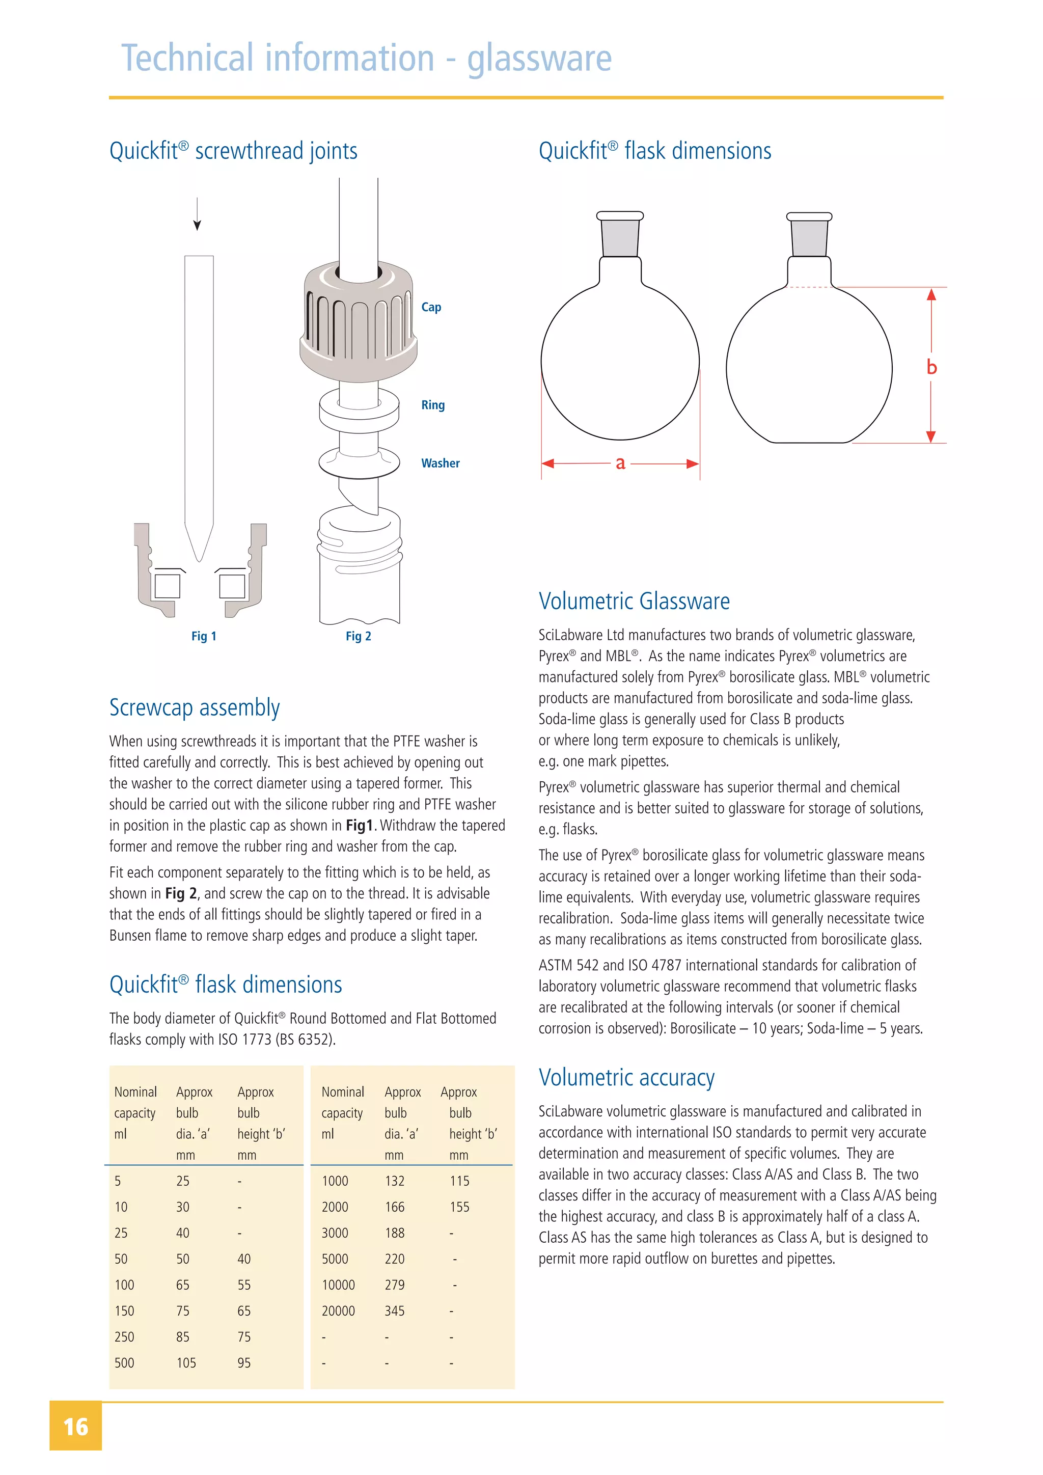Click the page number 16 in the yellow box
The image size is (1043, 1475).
point(76,1427)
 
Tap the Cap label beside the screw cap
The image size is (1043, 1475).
point(431,307)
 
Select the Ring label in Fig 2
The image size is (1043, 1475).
point(433,405)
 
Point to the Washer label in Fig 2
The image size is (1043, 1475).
point(440,463)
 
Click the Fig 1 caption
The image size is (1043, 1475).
point(204,636)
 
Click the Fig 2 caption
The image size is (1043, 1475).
point(359,636)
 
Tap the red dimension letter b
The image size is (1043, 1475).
point(931,367)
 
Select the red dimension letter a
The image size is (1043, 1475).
point(620,462)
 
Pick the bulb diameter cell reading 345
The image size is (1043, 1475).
point(394,1310)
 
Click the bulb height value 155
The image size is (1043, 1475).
point(459,1207)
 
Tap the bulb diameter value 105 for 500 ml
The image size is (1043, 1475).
point(186,1362)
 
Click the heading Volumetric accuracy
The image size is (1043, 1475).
point(626,1077)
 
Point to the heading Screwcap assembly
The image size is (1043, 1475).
point(194,707)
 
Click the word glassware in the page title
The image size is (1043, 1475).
point(539,59)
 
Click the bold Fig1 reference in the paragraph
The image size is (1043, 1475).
point(359,826)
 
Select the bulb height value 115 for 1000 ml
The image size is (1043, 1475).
point(459,1181)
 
